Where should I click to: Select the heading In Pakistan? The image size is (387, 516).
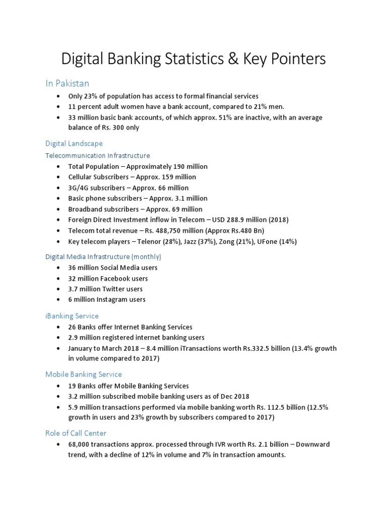pyautogui.click(x=68, y=83)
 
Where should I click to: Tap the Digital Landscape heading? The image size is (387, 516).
pyautogui.click(x=74, y=144)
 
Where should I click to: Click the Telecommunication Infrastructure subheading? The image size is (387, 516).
pyautogui.click(x=98, y=155)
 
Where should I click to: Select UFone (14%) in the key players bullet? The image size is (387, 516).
pyautogui.click(x=278, y=241)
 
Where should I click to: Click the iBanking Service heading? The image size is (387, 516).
pyautogui.click(x=72, y=316)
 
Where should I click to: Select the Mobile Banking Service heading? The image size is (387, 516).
pyautogui.click(x=84, y=374)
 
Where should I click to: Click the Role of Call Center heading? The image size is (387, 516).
pyautogui.click(x=76, y=433)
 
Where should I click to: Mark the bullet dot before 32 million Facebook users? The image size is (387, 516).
pyautogui.click(x=59, y=278)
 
